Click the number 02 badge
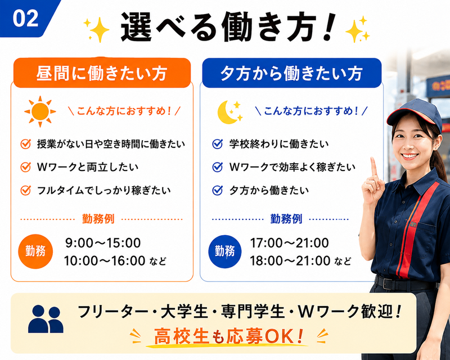27,19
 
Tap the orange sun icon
40,111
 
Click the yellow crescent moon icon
229,112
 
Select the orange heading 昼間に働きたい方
102,73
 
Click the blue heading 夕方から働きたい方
291,73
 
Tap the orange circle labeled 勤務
35,251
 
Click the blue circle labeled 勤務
224,251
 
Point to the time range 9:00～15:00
103,243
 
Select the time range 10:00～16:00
105,261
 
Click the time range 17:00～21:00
289,243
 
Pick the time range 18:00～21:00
290,261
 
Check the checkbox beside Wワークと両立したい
26,167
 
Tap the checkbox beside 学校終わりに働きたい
217,143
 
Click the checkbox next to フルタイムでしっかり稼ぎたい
26,190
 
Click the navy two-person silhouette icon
46,319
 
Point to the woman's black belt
406,284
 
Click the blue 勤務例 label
286,219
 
